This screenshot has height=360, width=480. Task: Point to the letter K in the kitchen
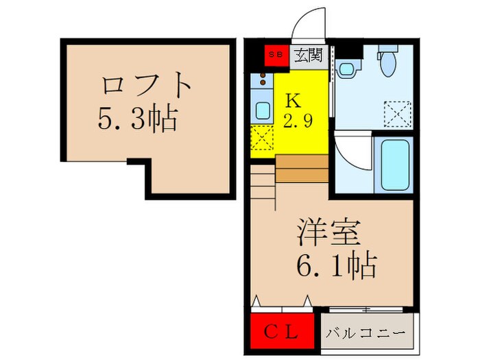point(293,100)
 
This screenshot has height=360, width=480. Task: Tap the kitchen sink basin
point(261,110)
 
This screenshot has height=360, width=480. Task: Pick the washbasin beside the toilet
point(347,69)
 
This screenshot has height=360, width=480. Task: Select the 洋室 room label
point(329,234)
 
